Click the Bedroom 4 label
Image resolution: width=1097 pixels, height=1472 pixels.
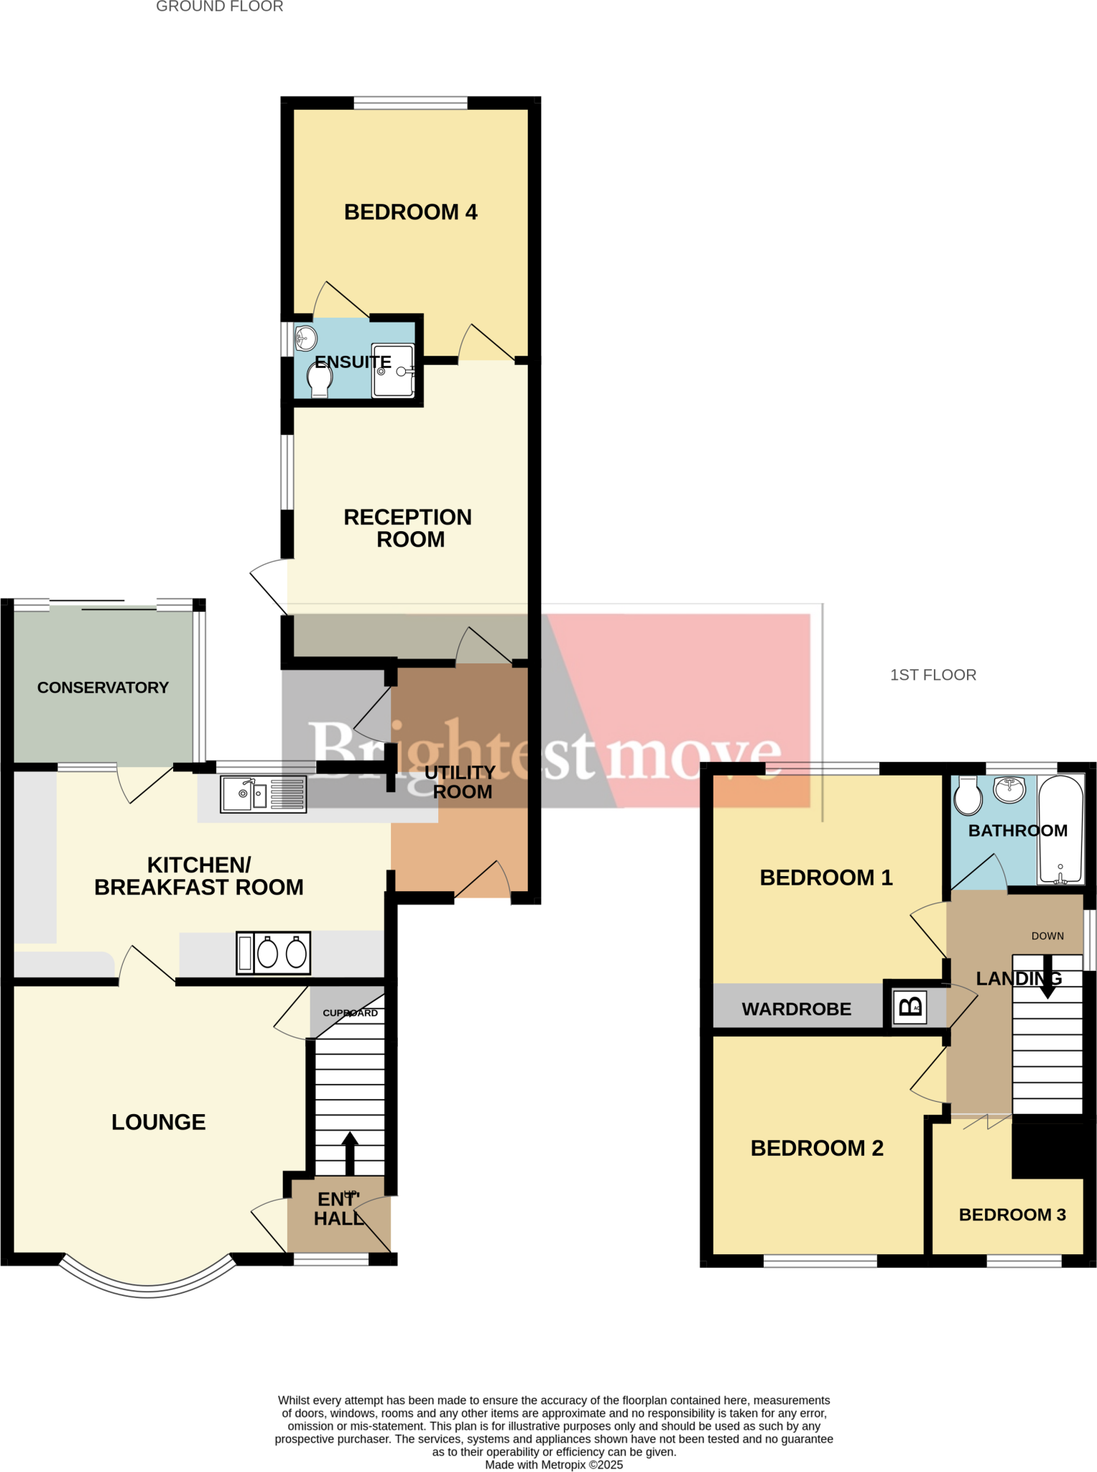point(410,212)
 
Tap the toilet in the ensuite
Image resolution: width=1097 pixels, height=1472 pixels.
point(320,379)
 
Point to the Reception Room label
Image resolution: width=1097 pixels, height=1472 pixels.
point(408,528)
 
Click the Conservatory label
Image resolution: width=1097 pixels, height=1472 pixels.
point(103,688)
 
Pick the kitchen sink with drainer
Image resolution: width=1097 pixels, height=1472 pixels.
point(263,794)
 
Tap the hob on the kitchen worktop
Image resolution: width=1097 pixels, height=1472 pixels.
point(274,953)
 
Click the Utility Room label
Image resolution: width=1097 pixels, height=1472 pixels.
point(460,782)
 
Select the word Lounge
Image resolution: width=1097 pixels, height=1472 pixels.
point(159,1122)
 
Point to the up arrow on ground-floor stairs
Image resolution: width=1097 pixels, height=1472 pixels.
point(350,1152)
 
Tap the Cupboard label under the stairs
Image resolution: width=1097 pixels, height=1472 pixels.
point(350,1013)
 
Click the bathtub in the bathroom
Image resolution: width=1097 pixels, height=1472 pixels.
point(1060,830)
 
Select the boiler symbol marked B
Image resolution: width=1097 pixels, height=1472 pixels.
point(910,1006)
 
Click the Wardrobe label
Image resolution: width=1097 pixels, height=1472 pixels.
point(796,1009)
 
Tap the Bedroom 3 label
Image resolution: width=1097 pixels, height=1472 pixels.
point(1012,1215)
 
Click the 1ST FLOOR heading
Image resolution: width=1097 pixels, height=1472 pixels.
point(933,675)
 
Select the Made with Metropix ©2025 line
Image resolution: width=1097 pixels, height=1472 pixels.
point(554,1465)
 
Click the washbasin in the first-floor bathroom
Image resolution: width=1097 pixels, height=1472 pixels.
point(1009,788)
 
